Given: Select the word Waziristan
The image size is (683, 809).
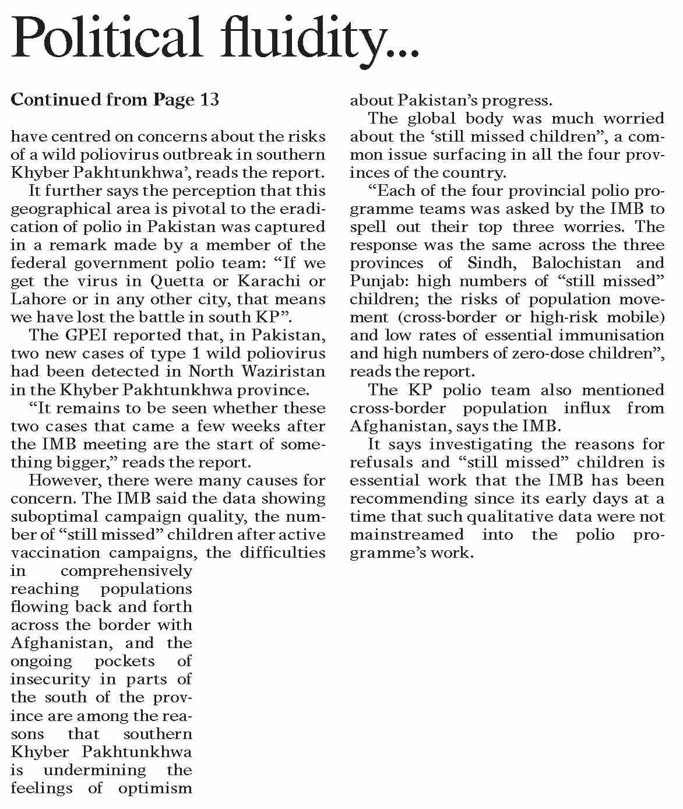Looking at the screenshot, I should tap(287, 371).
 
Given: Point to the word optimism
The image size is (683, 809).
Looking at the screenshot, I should tap(155, 788).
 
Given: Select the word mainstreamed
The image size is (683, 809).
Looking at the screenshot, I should tap(407, 534).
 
